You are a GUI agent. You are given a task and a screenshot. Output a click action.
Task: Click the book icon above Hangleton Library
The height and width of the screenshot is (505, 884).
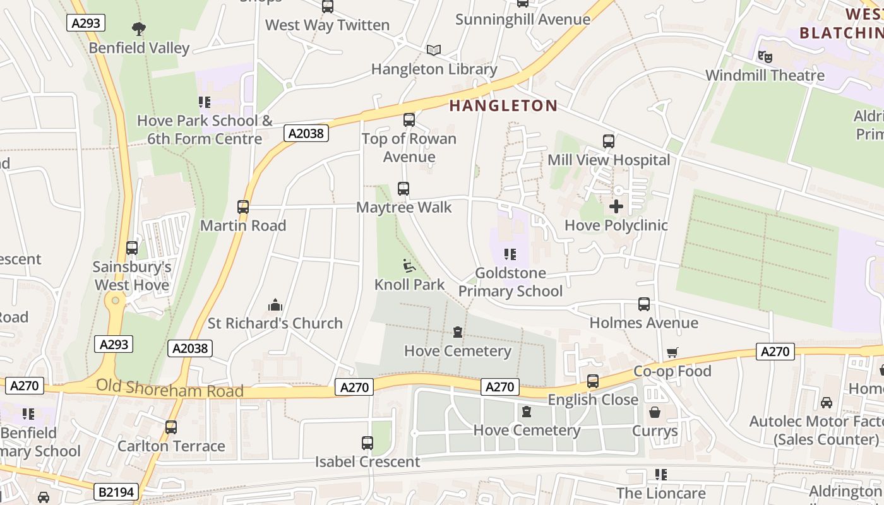434,50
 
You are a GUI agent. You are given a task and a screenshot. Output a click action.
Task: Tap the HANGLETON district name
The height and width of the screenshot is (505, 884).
503,105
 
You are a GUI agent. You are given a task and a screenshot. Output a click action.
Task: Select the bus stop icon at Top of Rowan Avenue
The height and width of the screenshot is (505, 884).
409,119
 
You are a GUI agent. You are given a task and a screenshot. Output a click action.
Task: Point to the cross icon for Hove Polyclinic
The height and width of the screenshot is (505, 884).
616,206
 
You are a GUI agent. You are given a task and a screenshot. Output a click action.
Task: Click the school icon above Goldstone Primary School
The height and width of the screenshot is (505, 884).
510,254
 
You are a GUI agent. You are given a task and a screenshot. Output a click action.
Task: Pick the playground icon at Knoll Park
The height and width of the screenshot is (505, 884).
409,266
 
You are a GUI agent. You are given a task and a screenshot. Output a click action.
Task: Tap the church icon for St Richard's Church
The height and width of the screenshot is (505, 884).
275,306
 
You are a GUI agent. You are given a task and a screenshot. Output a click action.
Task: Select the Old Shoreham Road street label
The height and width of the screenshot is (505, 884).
169,389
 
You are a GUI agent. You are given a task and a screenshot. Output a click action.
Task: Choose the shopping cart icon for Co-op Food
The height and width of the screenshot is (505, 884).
672,353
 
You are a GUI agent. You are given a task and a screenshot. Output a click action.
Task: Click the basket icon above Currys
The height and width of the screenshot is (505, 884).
655,413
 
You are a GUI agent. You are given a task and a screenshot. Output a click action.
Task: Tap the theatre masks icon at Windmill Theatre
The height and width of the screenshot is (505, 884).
765,57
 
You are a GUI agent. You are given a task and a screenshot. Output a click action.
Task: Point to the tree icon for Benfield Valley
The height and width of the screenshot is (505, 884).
139,28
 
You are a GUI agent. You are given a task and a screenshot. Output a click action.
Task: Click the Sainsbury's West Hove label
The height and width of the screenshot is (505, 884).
132,276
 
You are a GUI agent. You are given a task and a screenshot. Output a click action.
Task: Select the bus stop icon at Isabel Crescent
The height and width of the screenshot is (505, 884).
367,443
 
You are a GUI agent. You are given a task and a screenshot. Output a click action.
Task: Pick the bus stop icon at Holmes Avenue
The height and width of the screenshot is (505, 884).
644,304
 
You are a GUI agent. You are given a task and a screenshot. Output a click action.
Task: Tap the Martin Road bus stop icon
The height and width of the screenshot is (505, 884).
243,206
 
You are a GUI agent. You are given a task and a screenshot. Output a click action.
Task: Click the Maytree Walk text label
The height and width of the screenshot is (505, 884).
404,207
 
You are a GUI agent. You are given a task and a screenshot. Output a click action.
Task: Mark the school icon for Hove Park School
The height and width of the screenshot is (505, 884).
205,102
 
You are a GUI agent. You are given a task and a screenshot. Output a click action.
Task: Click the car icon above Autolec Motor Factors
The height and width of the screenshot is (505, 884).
826,402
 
